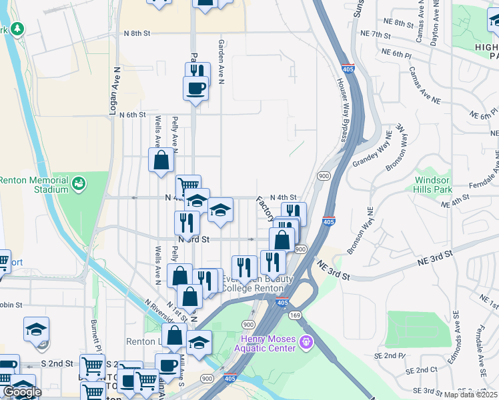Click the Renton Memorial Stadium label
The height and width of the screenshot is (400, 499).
33,185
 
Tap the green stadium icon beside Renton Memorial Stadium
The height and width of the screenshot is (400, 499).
78,181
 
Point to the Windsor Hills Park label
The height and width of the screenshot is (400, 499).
433,185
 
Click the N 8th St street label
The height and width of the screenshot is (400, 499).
137,33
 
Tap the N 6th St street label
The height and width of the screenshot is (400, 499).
132,115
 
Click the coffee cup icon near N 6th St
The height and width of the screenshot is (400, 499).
195,89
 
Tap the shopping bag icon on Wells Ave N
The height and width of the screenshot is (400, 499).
161,160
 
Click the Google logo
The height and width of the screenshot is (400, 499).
22,392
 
